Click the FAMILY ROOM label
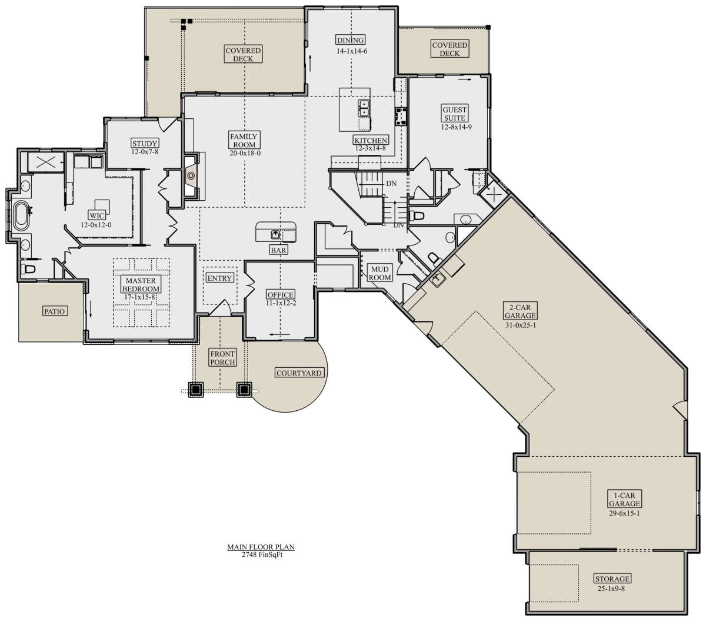pos(244,140)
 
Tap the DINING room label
pos(351,40)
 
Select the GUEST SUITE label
pos(454,114)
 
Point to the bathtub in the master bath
pos(21,216)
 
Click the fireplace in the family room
pos(191,176)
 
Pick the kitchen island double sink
pos(364,108)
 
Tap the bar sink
pos(275,235)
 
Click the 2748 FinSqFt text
pos(262,554)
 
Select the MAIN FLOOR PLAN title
pos(261,547)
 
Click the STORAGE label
pos(612,579)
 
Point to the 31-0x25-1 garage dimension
pos(521,326)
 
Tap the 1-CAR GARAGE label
pos(624,499)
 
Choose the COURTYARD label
pos(299,373)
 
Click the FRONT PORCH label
pos(222,358)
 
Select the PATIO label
pos(54,311)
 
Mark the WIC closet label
pos(96,215)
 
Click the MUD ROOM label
pos(379,273)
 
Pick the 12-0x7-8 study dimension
pos(145,152)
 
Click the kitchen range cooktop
pos(401,117)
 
